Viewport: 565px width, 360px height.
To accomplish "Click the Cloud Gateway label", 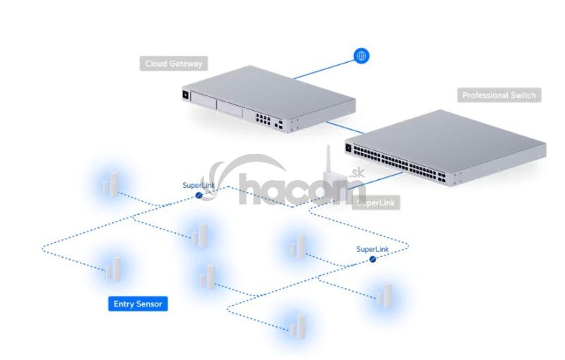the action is click(x=174, y=64).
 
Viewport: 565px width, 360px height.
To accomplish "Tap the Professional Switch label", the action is click(x=499, y=95).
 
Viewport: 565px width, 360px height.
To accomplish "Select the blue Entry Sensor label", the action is click(x=138, y=304).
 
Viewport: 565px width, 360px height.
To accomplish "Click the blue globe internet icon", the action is click(x=361, y=56).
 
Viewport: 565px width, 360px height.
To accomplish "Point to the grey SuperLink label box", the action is click(x=376, y=203).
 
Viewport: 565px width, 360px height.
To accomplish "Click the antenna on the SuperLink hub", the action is click(x=328, y=158).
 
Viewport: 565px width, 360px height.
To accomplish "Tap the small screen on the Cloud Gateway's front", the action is click(x=186, y=95).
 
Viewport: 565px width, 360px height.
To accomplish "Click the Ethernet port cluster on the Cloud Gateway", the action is click(x=263, y=119).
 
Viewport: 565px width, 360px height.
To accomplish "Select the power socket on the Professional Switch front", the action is click(x=348, y=148).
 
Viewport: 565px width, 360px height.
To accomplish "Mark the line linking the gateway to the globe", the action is click(x=324, y=69).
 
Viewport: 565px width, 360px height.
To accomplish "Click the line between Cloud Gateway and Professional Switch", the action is click(x=345, y=128).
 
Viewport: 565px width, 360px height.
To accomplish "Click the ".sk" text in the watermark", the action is click(x=357, y=173).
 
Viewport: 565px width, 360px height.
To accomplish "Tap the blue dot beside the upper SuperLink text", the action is click(x=198, y=195).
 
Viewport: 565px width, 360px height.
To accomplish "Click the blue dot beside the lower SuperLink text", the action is click(x=373, y=259).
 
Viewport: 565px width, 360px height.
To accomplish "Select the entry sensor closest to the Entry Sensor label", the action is click(x=113, y=268).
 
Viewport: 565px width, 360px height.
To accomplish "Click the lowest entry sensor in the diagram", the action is click(x=298, y=327).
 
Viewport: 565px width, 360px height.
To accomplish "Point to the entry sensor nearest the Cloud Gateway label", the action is click(x=111, y=184).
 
